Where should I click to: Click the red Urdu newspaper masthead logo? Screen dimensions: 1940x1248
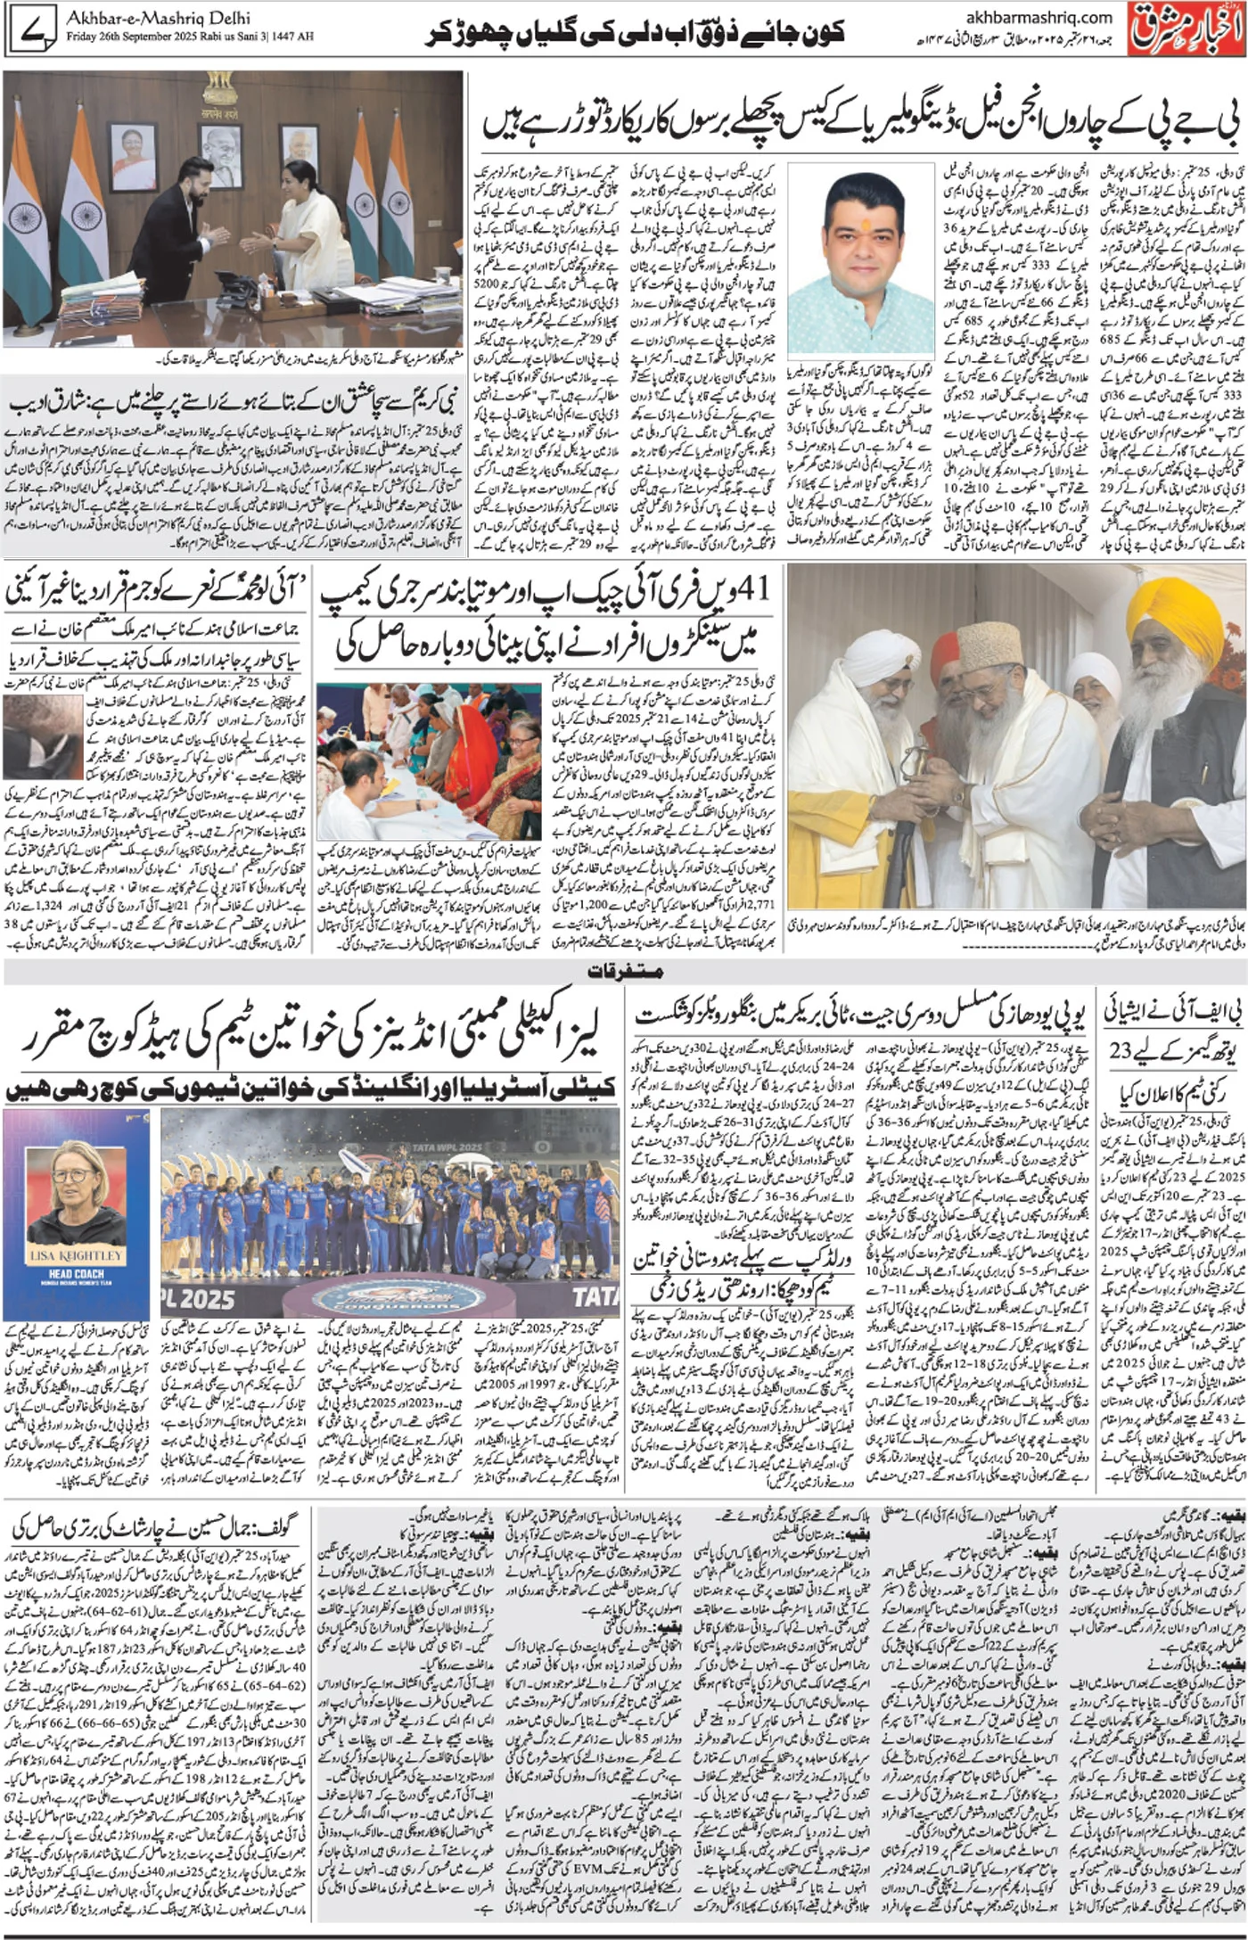point(1185,31)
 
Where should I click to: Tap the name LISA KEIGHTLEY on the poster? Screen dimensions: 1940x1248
point(78,1254)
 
